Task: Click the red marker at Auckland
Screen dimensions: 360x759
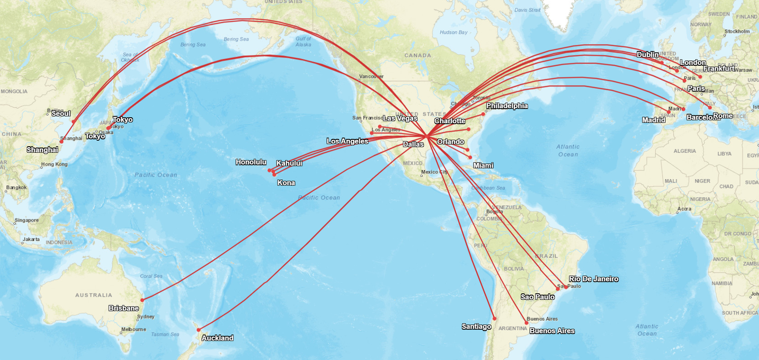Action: point(199,330)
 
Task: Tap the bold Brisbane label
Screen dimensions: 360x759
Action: point(123,308)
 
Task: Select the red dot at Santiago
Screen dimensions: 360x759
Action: point(494,318)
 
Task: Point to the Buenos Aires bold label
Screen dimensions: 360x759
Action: point(552,331)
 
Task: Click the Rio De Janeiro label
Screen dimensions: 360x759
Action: point(593,279)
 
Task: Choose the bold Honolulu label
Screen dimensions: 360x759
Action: point(251,162)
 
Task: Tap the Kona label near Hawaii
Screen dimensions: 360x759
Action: point(286,183)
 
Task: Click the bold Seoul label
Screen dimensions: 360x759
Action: point(61,113)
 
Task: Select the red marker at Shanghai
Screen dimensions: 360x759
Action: point(61,142)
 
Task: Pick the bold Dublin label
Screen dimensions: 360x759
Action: point(647,54)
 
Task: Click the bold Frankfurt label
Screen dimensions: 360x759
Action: point(719,69)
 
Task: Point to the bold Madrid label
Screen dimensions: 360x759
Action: point(653,120)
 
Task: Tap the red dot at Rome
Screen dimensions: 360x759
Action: point(710,108)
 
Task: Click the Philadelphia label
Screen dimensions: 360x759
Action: point(507,106)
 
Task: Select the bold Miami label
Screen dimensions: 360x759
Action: point(483,165)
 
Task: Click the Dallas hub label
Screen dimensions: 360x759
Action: point(413,144)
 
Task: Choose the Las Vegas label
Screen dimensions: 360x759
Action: point(400,118)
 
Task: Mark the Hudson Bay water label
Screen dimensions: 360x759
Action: point(454,32)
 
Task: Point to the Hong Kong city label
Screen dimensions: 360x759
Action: point(54,164)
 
